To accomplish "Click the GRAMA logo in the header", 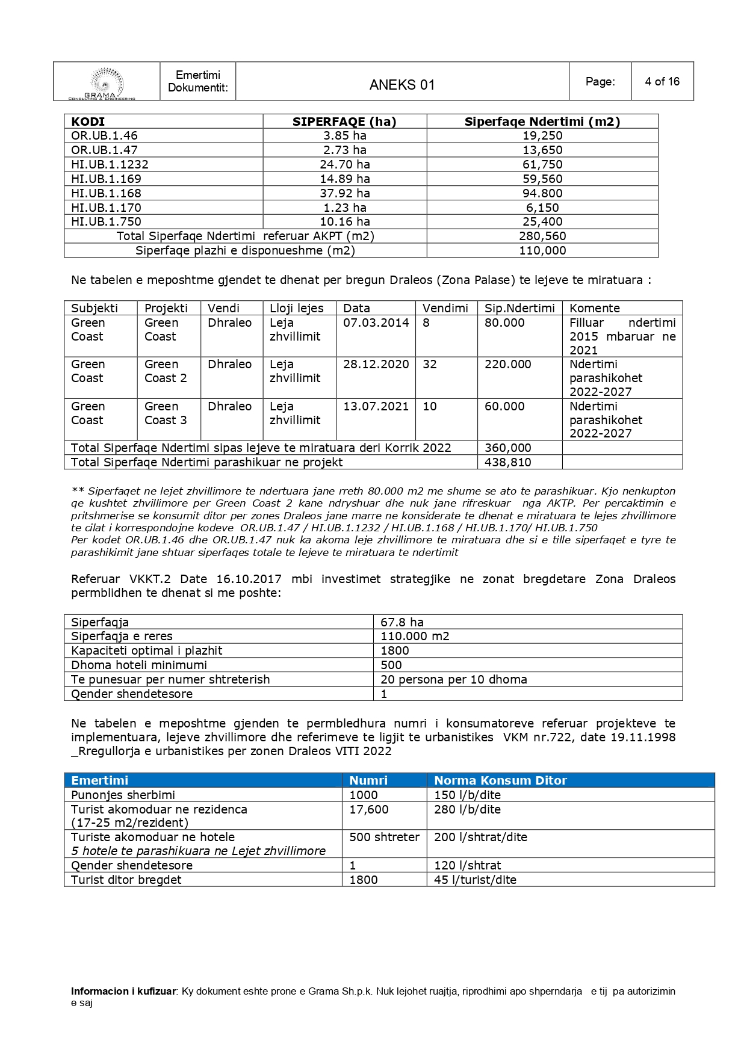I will (106, 83).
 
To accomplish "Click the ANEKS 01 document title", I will (401, 85).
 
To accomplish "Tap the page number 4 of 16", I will (662, 82).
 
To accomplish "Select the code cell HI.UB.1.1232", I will (110, 164).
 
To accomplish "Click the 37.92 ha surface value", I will (344, 193).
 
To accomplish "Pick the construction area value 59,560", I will (542, 179).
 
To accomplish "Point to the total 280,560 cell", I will (542, 236).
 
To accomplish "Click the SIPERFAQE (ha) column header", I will (344, 122).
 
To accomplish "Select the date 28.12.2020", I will (376, 364).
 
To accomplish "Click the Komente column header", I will (594, 308).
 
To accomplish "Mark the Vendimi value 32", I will (429, 364).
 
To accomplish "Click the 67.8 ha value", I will (401, 622).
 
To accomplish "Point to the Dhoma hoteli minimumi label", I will (138, 665).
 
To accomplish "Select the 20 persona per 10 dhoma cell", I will (453, 679).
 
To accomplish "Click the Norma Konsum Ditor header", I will (500, 780).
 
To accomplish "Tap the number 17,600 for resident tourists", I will (368, 809).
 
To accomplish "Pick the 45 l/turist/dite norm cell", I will (475, 880).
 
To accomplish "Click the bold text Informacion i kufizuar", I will (123, 991).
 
